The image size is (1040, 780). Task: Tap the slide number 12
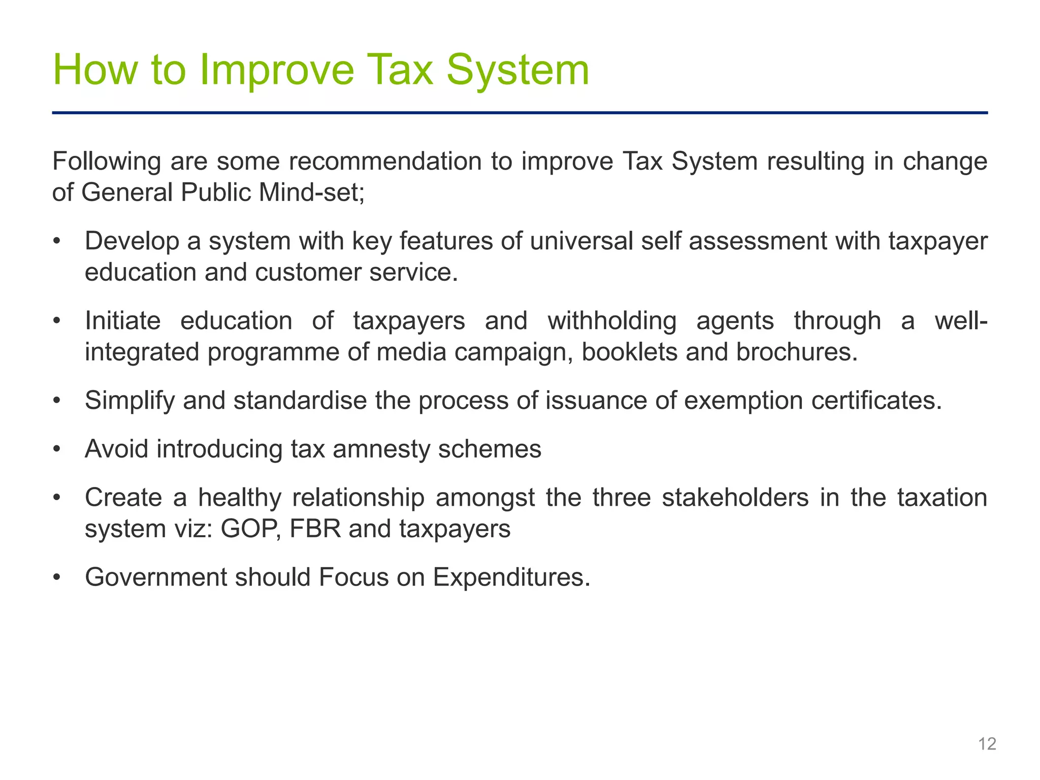pyautogui.click(x=987, y=744)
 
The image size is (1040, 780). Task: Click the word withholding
pyautogui.click(x=612, y=321)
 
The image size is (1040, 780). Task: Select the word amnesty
pyautogui.click(x=381, y=449)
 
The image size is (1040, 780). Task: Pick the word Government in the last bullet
pyautogui.click(x=155, y=577)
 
